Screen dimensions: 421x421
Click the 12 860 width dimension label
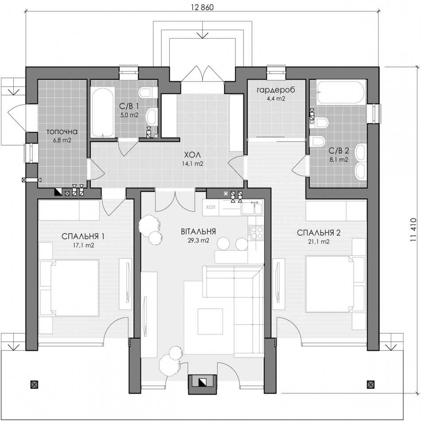(203, 7)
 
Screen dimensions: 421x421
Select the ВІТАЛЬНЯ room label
(199, 231)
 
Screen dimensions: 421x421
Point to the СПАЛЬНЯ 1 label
(83, 236)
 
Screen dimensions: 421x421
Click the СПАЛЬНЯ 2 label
(319, 233)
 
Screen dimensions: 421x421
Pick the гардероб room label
(276, 90)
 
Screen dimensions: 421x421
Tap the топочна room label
(62, 132)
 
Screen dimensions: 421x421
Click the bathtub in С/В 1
(102, 112)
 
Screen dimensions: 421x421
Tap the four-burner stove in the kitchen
(257, 233)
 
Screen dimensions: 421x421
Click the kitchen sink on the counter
(251, 208)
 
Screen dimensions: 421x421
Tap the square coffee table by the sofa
(210, 321)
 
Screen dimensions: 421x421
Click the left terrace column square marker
(34, 385)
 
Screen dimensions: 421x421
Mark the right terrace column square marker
(371, 385)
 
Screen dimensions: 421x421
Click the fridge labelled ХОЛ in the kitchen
(211, 207)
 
